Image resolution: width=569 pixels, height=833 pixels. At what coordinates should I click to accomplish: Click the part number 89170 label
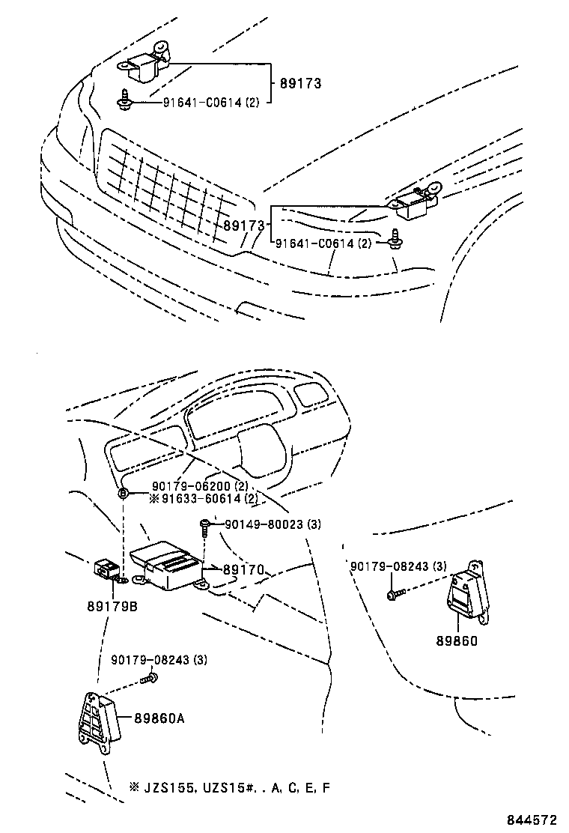243,570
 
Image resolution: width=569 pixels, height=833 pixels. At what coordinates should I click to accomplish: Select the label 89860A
159,718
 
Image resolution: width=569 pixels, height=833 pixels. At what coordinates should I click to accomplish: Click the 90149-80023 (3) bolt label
270,524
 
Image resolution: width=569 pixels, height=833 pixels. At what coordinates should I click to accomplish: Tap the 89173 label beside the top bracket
300,83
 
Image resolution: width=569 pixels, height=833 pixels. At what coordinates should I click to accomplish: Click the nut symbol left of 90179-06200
123,492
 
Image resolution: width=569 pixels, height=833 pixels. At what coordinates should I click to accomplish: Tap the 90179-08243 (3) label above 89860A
159,659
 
